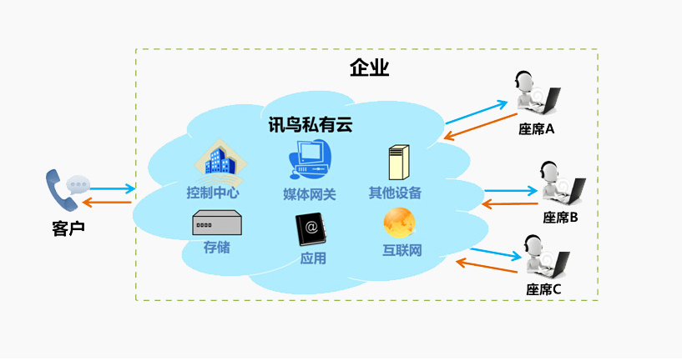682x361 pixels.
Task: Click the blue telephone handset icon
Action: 58,190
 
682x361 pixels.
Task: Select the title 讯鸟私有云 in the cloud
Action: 310,124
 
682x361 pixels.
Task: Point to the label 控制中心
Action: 213,193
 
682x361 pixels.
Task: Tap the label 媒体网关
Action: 310,194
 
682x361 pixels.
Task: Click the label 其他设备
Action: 396,193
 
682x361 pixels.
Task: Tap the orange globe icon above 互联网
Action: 399,223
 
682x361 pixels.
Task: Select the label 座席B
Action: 560,218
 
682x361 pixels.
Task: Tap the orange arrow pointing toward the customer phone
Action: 109,203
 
